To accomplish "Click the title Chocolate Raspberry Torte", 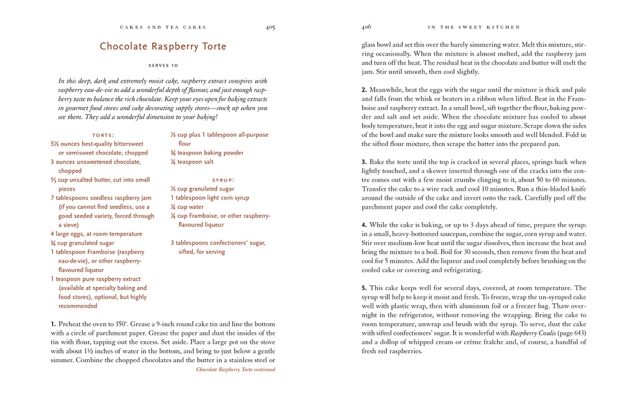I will (x=163, y=47).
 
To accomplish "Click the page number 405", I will (x=270, y=27).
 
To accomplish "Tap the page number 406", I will (x=366, y=27).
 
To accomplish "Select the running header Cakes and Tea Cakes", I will (x=162, y=27).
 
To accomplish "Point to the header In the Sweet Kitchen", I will (x=474, y=27).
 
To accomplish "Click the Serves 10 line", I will (x=163, y=65).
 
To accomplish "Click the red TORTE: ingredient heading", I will (x=103, y=134).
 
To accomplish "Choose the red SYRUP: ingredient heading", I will (x=223, y=180).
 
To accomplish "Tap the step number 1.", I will (x=53, y=324).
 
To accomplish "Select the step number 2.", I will (x=364, y=90).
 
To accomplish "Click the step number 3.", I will (x=364, y=162).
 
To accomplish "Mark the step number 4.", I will (x=364, y=225).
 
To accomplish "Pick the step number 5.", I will (x=364, y=288).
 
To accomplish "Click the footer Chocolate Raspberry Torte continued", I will (x=235, y=370).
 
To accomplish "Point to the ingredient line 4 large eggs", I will (x=96, y=234).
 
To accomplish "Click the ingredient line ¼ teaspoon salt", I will (x=192, y=162).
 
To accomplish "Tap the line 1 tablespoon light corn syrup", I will (x=210, y=198).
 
